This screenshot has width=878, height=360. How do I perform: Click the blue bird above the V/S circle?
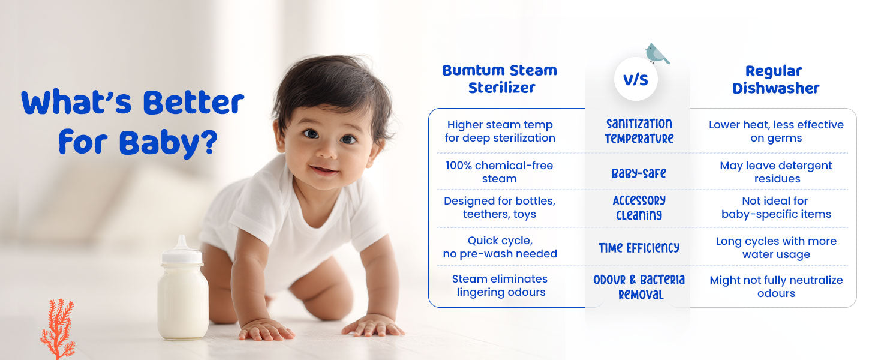(x=657, y=53)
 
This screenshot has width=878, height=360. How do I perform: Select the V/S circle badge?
(x=636, y=79)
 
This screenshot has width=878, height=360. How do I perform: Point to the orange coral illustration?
(x=58, y=329)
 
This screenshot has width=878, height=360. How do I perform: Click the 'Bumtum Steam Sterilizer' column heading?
(x=500, y=79)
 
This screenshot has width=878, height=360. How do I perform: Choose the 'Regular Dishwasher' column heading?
(x=775, y=80)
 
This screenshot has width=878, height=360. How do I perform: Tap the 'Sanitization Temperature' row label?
(x=639, y=131)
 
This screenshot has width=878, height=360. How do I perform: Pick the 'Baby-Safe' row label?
(x=639, y=173)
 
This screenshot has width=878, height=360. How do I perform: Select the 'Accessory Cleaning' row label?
(x=639, y=208)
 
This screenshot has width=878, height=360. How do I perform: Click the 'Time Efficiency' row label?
(x=639, y=247)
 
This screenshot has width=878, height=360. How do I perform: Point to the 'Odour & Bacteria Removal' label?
(x=639, y=287)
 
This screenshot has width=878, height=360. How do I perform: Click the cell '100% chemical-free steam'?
(x=500, y=172)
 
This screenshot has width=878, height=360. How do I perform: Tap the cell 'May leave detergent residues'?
(x=776, y=172)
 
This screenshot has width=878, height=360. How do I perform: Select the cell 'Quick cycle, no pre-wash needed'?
(x=500, y=247)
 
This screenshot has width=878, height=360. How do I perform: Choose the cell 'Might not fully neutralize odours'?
(x=776, y=286)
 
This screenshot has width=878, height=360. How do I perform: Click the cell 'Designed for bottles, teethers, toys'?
(x=500, y=207)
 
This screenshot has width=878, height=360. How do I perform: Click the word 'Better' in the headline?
(x=194, y=102)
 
